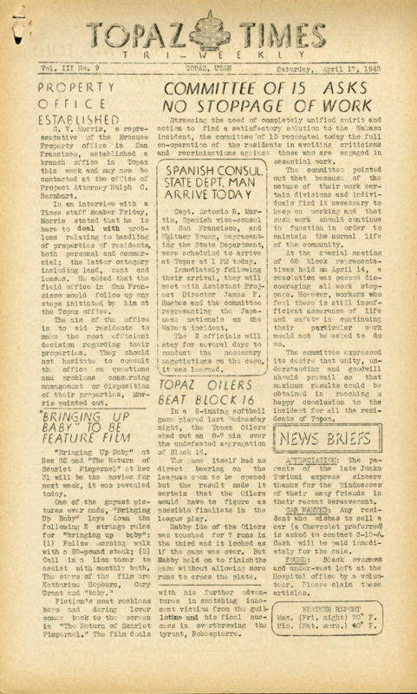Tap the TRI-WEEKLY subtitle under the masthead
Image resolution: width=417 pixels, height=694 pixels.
pyautogui.click(x=208, y=54)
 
